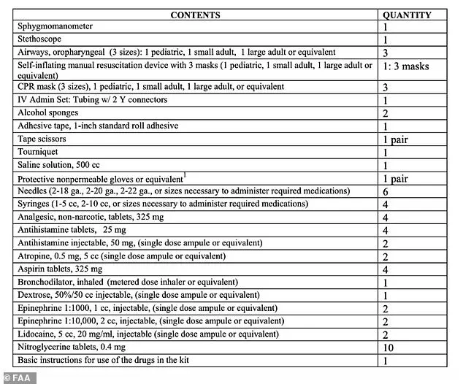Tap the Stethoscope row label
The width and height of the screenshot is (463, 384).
coord(43,39)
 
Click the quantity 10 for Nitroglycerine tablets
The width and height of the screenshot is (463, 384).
coord(389,347)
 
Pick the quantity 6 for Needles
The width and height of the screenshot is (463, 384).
coord(386,192)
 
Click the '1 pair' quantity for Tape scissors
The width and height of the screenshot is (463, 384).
coord(395,139)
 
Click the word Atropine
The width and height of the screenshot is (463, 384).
coord(39,256)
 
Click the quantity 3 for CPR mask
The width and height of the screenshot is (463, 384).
coord(386,88)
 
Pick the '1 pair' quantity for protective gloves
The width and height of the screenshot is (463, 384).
coord(395,179)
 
